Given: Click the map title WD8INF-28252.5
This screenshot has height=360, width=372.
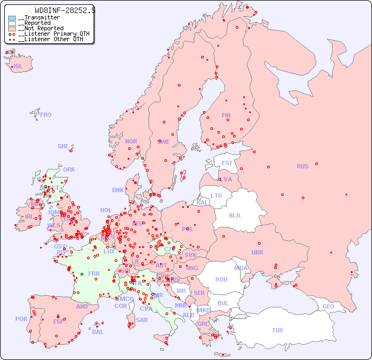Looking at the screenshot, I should tap(64, 10).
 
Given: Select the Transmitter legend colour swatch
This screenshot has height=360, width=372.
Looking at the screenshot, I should tap(12, 18).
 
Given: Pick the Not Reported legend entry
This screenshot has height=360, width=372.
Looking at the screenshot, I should tap(41, 28).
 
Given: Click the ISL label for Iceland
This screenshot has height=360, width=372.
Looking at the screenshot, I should tap(18, 67).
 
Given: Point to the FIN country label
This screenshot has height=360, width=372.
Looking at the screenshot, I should tap(226, 115).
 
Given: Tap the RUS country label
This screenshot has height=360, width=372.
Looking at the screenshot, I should tap(302, 166).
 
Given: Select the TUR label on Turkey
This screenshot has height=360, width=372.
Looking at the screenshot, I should tap(277, 330).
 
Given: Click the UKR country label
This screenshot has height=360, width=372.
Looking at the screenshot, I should tap(257, 252).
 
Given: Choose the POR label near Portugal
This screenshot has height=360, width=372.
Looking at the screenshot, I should tap(21, 319).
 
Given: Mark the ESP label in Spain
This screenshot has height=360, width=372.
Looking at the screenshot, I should tap(58, 322).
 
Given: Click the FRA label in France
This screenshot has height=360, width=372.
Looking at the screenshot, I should tap(94, 273).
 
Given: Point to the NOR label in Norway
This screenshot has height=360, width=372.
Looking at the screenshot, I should tap(131, 141).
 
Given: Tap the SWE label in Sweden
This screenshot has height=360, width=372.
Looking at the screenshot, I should tap(163, 142).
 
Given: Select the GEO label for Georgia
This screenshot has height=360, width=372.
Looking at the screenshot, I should tap(328, 306).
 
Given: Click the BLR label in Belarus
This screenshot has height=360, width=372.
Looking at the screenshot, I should tap(235, 215).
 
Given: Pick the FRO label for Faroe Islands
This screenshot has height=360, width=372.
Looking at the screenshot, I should tap(46, 115).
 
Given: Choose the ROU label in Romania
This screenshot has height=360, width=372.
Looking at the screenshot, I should tap(221, 279).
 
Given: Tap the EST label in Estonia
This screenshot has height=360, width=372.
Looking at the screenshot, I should tap(227, 163).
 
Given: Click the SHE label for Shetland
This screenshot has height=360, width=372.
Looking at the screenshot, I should tap(63, 146).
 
